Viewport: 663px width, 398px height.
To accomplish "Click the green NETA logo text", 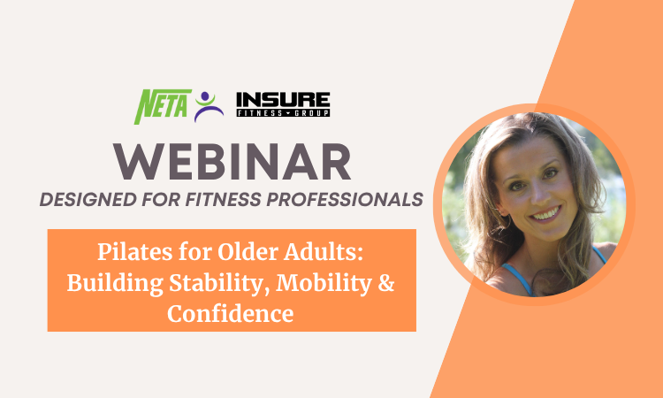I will click(162, 106).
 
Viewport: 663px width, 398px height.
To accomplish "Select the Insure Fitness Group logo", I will click(283, 105).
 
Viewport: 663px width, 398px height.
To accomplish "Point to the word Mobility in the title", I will click(294, 284).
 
